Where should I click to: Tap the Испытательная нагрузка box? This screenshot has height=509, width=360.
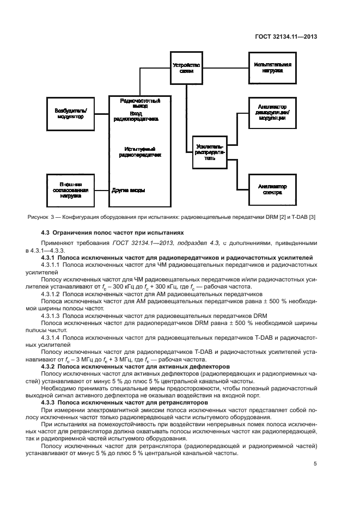click(x=272, y=68)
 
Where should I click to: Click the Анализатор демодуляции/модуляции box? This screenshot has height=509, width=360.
click(x=272, y=113)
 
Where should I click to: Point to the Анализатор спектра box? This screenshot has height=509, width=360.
click(x=272, y=188)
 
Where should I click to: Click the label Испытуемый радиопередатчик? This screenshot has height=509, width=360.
click(x=141, y=152)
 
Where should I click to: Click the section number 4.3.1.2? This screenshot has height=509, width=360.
click(x=52, y=293)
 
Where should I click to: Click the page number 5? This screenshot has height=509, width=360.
click(x=315, y=464)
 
